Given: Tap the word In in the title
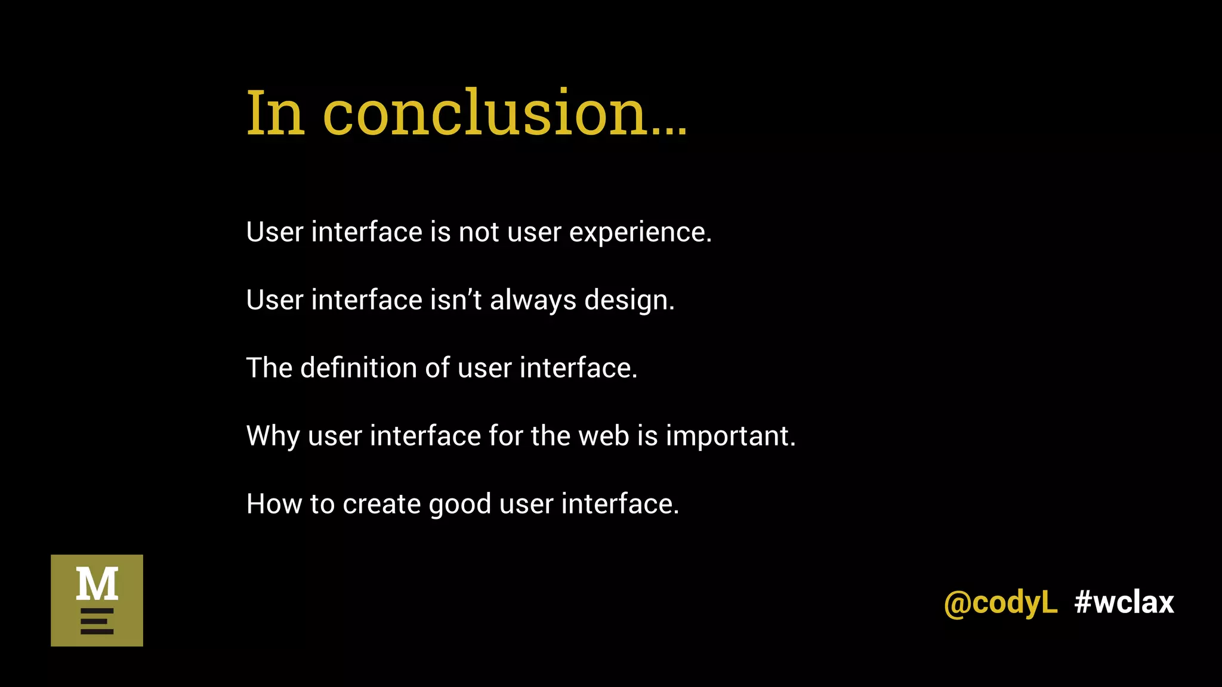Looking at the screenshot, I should coord(276,113).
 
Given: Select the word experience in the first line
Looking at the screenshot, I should coord(640,233).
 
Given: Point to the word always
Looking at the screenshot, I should coord(533,301).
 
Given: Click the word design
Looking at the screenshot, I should coord(629,301).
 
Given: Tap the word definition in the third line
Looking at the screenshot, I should coord(358,367).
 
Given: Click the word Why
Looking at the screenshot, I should coord(273,437).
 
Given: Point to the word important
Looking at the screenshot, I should coord(730,437).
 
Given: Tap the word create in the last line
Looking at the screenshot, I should coord(381,504).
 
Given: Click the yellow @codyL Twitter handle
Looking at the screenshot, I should coord(1000,602).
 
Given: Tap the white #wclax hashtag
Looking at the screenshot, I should coord(1124,602).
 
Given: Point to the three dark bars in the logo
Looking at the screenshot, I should coord(97,621).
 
